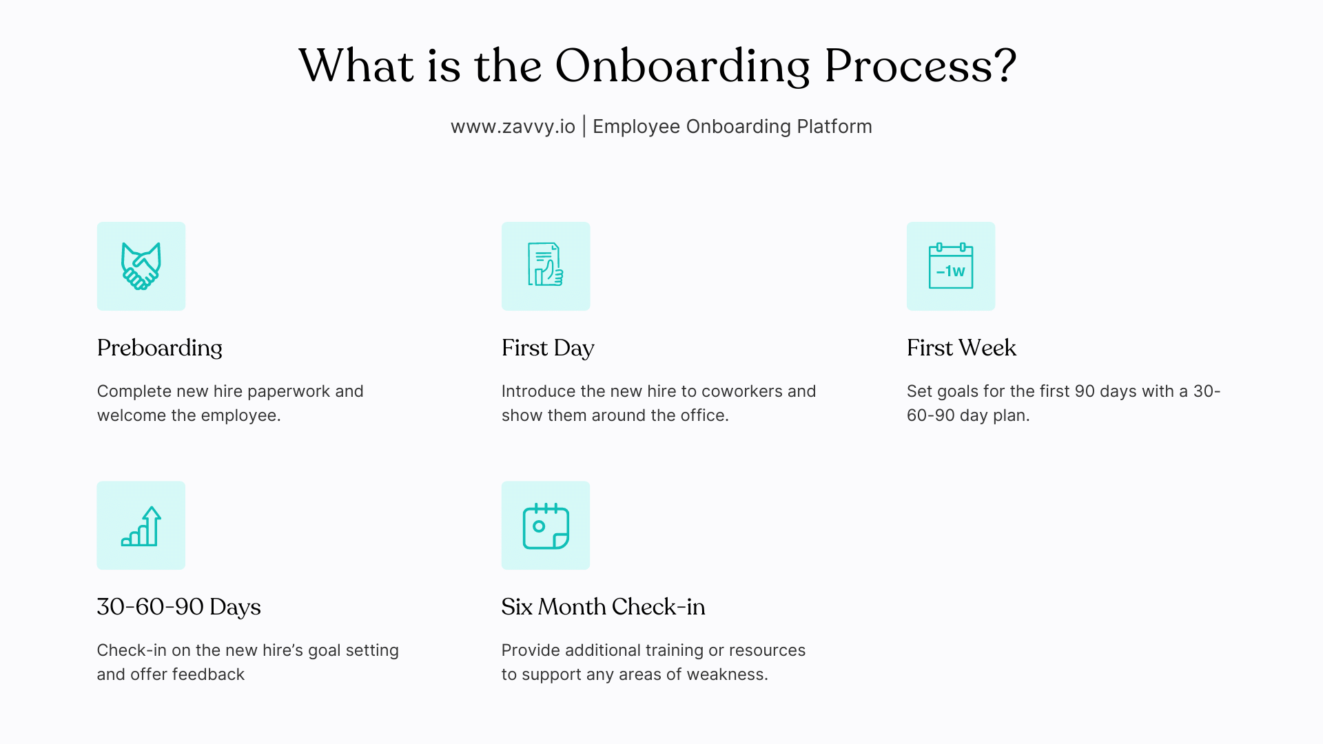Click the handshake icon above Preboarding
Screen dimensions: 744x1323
(x=141, y=266)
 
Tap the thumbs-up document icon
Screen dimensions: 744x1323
(x=546, y=266)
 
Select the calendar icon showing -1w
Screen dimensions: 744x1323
(x=951, y=266)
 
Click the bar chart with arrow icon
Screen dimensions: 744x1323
(x=141, y=526)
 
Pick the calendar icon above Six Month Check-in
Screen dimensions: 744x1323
(x=546, y=526)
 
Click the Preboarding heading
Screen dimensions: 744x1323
(x=160, y=348)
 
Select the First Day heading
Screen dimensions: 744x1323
(x=548, y=348)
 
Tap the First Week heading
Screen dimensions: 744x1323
(x=961, y=348)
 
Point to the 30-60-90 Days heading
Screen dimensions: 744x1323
(x=179, y=607)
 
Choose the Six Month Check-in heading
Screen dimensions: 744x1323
(x=603, y=607)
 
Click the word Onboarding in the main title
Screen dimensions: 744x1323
(x=682, y=67)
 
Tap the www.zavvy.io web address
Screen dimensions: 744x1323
(x=513, y=127)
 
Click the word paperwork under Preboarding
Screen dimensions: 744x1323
(x=289, y=392)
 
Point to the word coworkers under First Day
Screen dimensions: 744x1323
(x=741, y=391)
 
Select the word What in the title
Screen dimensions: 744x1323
(x=356, y=67)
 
